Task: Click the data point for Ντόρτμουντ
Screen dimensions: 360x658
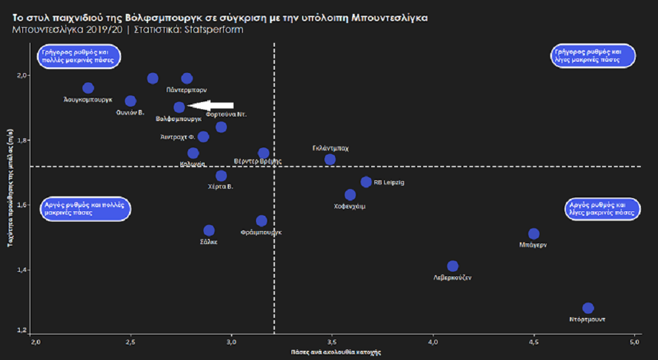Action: pos(588,308)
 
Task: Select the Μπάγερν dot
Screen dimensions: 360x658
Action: pos(534,234)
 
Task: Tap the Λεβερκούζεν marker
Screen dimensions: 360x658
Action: pos(453,266)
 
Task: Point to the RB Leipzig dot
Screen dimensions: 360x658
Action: pos(367,182)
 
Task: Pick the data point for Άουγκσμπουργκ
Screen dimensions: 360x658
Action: pos(88,88)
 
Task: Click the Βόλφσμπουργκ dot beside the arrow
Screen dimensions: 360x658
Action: pos(179,107)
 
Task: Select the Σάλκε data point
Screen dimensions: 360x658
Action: pos(209,230)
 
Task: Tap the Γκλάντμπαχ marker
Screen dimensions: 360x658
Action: pos(330,159)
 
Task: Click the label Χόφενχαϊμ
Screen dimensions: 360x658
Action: pos(350,206)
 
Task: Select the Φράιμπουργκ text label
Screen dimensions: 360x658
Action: pos(261,232)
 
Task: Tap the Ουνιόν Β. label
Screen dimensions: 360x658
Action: pos(131,113)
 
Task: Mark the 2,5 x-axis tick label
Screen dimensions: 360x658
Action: pos(131,342)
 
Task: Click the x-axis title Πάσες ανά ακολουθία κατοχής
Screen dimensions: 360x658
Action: pos(336,353)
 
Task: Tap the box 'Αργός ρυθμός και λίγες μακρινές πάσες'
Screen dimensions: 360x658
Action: pos(603,209)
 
